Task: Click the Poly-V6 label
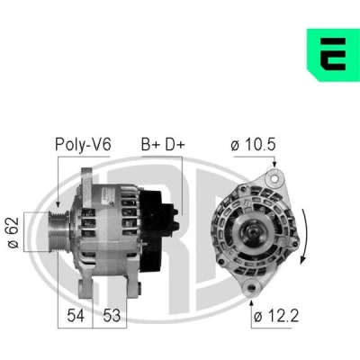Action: coord(83,144)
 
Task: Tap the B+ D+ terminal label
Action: coord(163,145)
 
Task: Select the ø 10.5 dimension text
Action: coord(253,145)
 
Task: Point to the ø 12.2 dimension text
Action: coord(276,316)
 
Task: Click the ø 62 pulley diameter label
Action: coord(13,232)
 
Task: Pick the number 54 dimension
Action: coord(76,316)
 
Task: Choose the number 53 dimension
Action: coord(112,316)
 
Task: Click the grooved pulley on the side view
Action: coord(58,232)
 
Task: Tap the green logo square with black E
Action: coord(333,55)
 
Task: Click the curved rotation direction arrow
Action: coord(305,236)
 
